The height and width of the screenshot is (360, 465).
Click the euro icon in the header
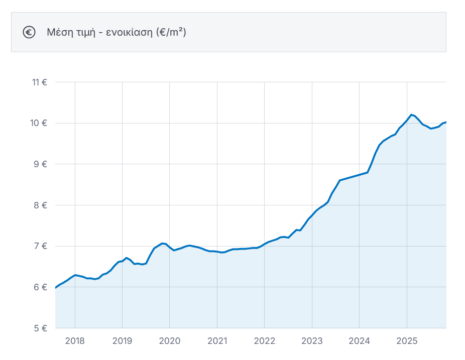pyautogui.click(x=29, y=32)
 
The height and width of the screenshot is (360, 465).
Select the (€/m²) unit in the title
pyautogui.click(x=171, y=32)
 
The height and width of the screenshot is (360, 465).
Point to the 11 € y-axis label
pyautogui.click(x=40, y=82)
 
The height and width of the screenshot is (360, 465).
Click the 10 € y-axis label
pyautogui.click(x=39, y=123)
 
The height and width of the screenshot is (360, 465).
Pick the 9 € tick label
pyautogui.click(x=40, y=164)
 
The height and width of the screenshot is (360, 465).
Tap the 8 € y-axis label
pyautogui.click(x=40, y=205)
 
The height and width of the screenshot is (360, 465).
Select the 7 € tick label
pyautogui.click(x=40, y=246)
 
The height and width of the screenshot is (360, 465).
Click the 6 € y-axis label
pyautogui.click(x=40, y=287)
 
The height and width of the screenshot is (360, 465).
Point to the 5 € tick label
pyautogui.click(x=40, y=328)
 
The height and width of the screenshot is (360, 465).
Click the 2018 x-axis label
pyautogui.click(x=75, y=341)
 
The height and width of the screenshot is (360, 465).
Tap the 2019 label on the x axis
pyautogui.click(x=122, y=341)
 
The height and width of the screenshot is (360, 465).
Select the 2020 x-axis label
pyautogui.click(x=170, y=341)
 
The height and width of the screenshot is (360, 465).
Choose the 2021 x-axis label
pyautogui.click(x=217, y=341)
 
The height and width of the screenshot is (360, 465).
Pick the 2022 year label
pyautogui.click(x=265, y=341)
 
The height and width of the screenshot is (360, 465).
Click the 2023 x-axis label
pyautogui.click(x=312, y=341)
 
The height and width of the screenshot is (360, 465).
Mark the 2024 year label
pyautogui.click(x=359, y=341)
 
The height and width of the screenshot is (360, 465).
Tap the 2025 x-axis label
pyautogui.click(x=407, y=341)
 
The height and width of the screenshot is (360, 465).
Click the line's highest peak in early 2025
pyautogui.click(x=411, y=115)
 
